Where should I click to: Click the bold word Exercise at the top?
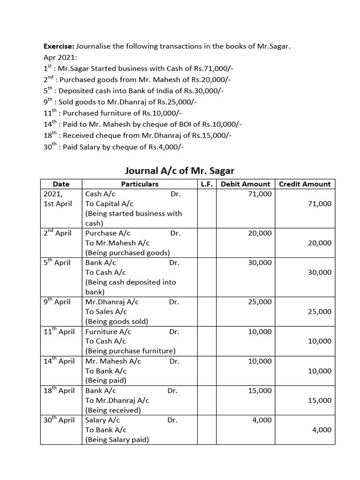click(x=59, y=46)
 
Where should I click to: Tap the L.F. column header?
click(x=207, y=184)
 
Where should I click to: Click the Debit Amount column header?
click(x=245, y=184)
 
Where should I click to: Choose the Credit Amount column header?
click(x=305, y=184)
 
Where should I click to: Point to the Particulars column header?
click(x=140, y=184)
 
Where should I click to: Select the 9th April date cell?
click(x=57, y=302)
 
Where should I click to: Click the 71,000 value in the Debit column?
click(x=260, y=194)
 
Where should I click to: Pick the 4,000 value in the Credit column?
click(x=322, y=430)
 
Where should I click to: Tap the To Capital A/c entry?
click(x=109, y=203)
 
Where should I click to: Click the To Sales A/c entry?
click(x=106, y=312)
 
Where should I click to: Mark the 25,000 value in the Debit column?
click(x=260, y=302)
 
